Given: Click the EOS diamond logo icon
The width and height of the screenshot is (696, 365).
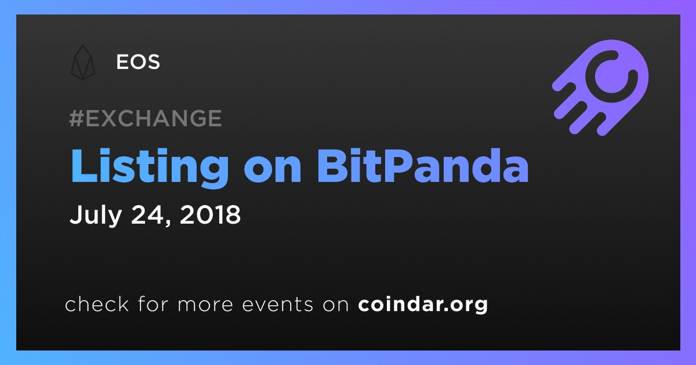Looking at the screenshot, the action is (x=83, y=63).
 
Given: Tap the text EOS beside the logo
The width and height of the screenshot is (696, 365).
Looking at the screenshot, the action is (x=138, y=62).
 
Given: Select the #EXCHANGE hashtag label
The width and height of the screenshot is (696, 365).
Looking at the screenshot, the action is (x=146, y=118).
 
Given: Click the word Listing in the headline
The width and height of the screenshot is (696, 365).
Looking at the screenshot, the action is (x=150, y=166).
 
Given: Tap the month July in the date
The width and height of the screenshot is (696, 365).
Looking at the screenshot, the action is (x=95, y=215).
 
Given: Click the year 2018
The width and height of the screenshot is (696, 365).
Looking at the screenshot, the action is (x=210, y=214).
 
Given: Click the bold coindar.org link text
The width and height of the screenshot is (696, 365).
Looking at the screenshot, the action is (x=423, y=305).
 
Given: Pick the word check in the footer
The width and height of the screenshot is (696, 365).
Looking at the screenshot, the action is (x=97, y=304).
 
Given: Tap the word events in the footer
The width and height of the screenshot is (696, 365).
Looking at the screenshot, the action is (x=277, y=305).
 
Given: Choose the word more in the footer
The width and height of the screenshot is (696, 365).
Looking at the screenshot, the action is (x=205, y=305).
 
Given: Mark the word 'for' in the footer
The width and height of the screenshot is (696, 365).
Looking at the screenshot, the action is (x=153, y=304).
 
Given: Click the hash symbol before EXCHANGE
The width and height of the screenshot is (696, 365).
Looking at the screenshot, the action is (x=77, y=118).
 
